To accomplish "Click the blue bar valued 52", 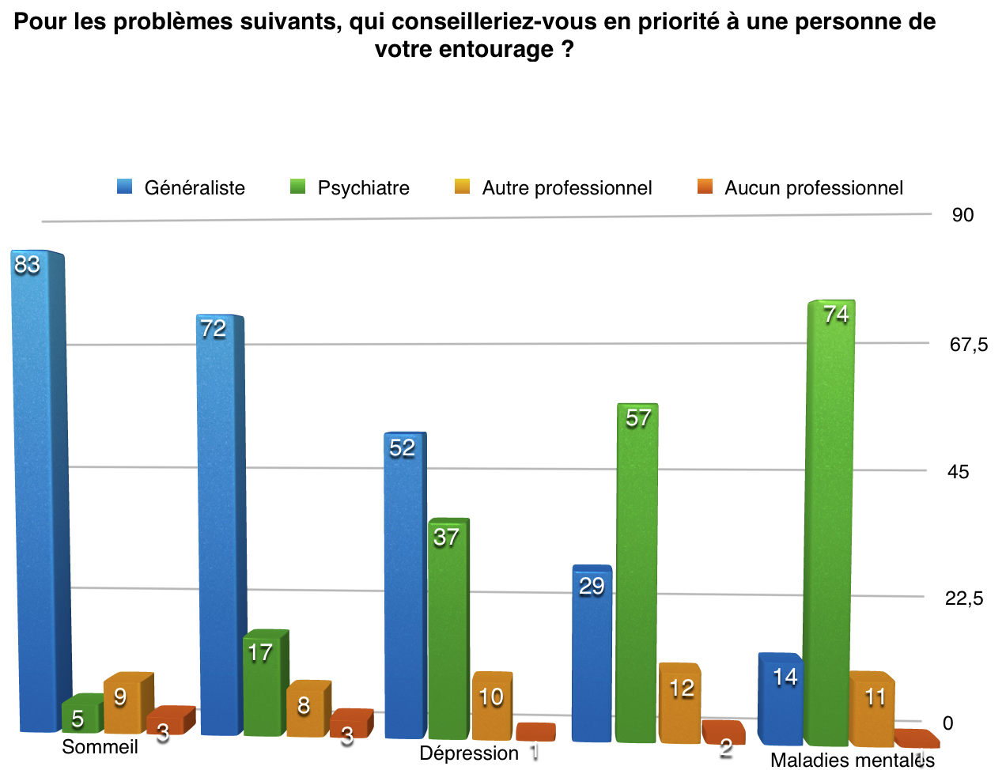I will tap(403, 585).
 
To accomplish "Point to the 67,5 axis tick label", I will tap(969, 345).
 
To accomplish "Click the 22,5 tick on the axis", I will tap(964, 598).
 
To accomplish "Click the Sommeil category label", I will tap(100, 747).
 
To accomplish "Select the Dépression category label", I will tap(469, 753).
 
